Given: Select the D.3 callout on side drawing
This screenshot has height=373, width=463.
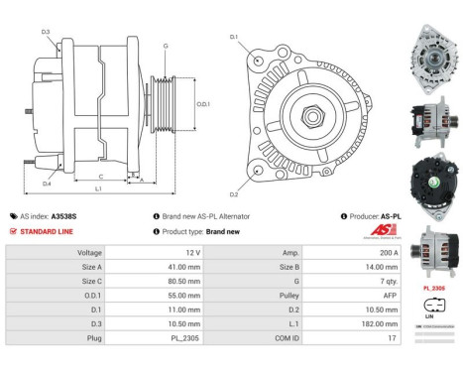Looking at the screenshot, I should pyautogui.click(x=47, y=32).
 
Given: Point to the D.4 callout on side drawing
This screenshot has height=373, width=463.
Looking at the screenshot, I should pyautogui.click(x=47, y=183).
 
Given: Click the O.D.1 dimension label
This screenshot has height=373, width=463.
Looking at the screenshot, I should pyautogui.click(x=202, y=104).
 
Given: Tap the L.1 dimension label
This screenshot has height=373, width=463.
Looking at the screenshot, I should pyautogui.click(x=97, y=188).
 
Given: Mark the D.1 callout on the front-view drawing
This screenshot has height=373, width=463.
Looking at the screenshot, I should pyautogui.click(x=234, y=38).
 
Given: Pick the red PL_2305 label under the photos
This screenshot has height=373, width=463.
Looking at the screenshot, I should pyautogui.click(x=435, y=288).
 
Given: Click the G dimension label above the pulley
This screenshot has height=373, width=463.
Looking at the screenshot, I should pyautogui.click(x=165, y=46).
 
